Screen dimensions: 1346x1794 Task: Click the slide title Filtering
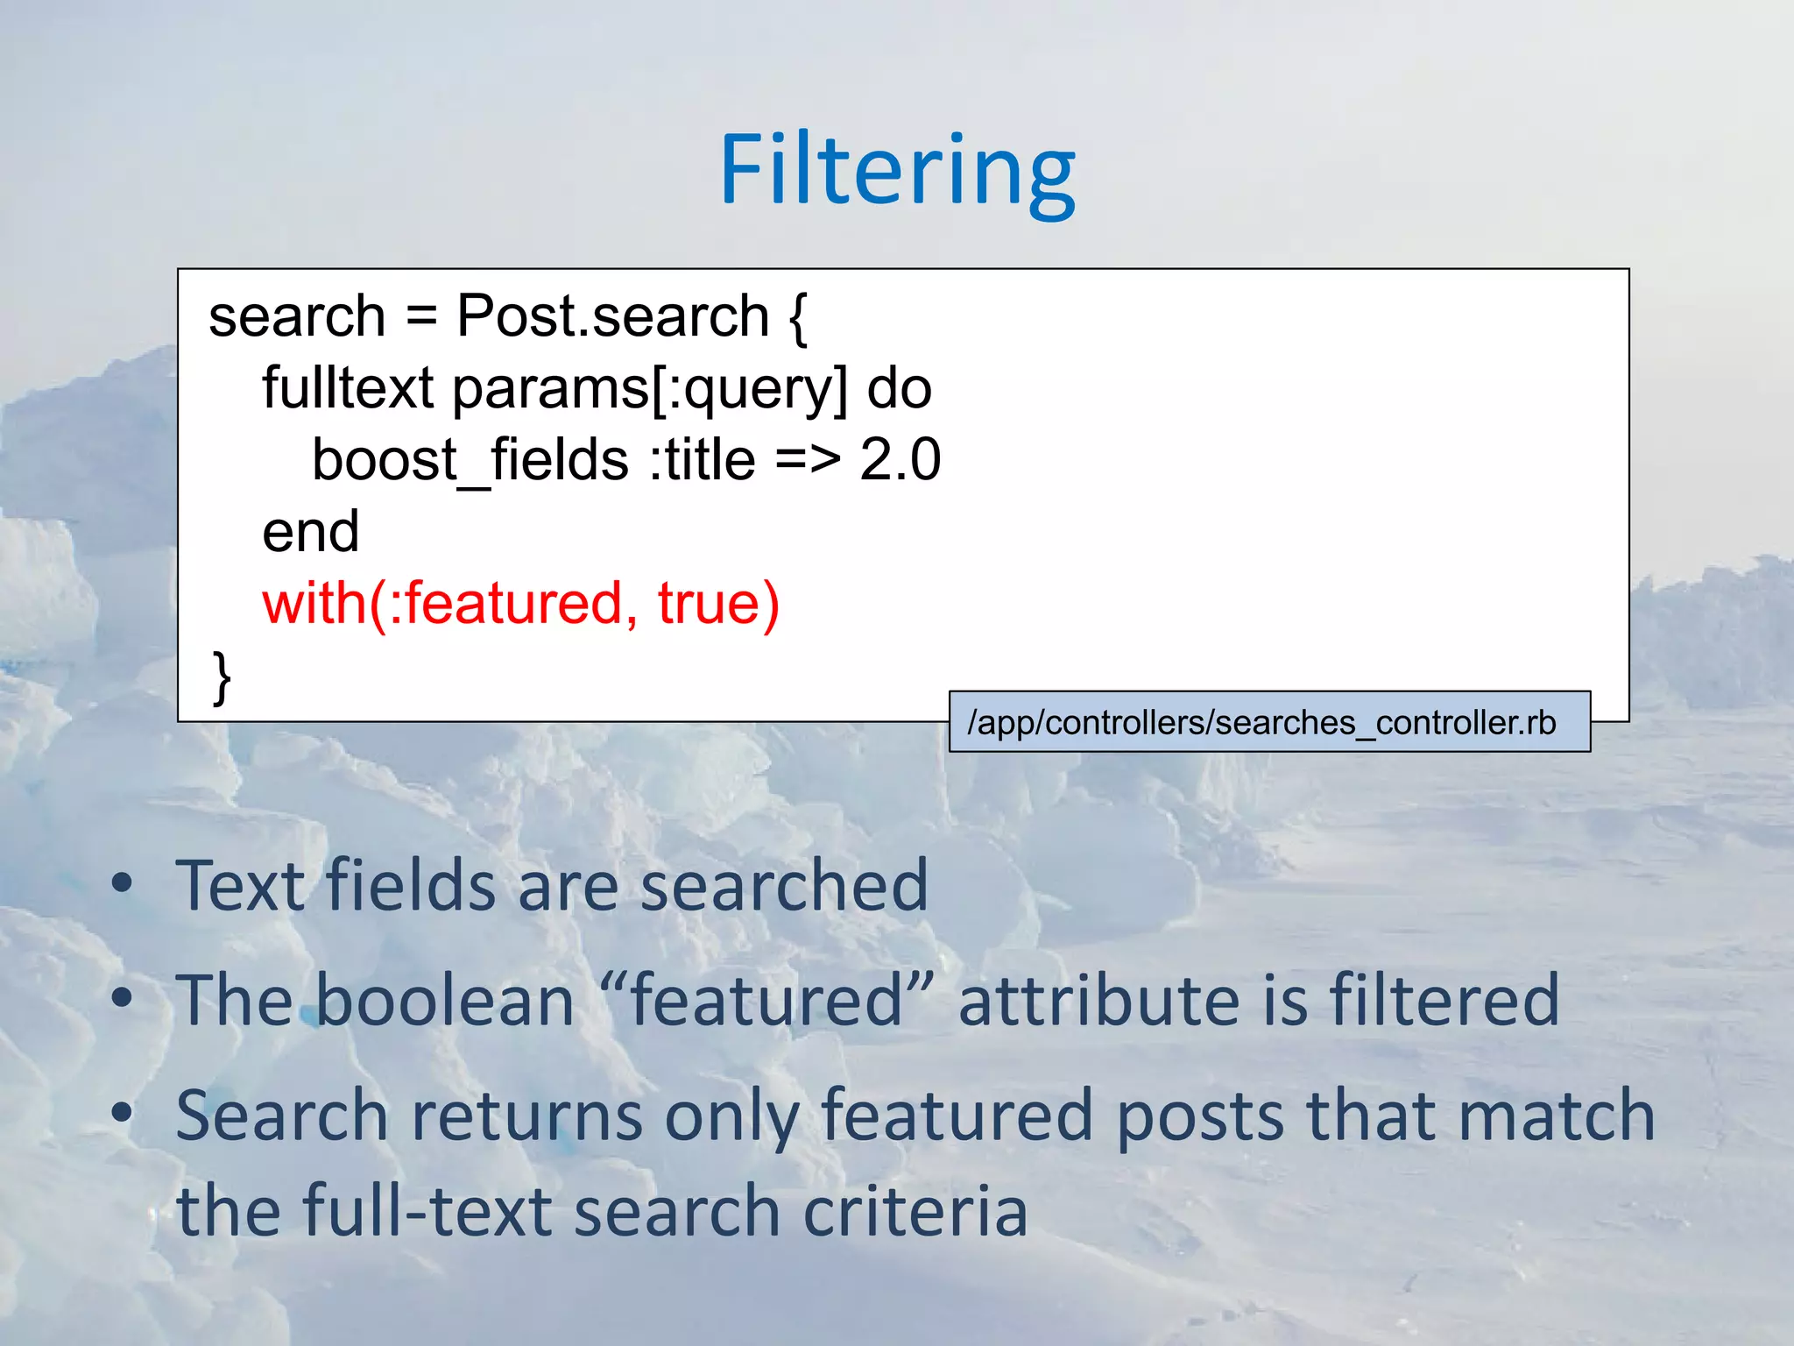click(897, 171)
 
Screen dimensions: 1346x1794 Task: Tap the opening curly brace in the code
click(797, 317)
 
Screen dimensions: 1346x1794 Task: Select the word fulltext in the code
click(348, 388)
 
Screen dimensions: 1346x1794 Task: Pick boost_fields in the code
click(470, 460)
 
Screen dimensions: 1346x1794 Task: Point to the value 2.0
click(900, 460)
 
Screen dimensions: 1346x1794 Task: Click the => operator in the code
click(807, 460)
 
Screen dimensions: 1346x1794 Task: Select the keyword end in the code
click(311, 532)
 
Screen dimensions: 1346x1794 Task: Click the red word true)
click(718, 604)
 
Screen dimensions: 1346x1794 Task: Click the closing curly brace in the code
click(222, 677)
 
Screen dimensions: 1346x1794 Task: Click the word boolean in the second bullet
click(445, 1001)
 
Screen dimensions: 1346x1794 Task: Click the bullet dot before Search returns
click(123, 1113)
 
